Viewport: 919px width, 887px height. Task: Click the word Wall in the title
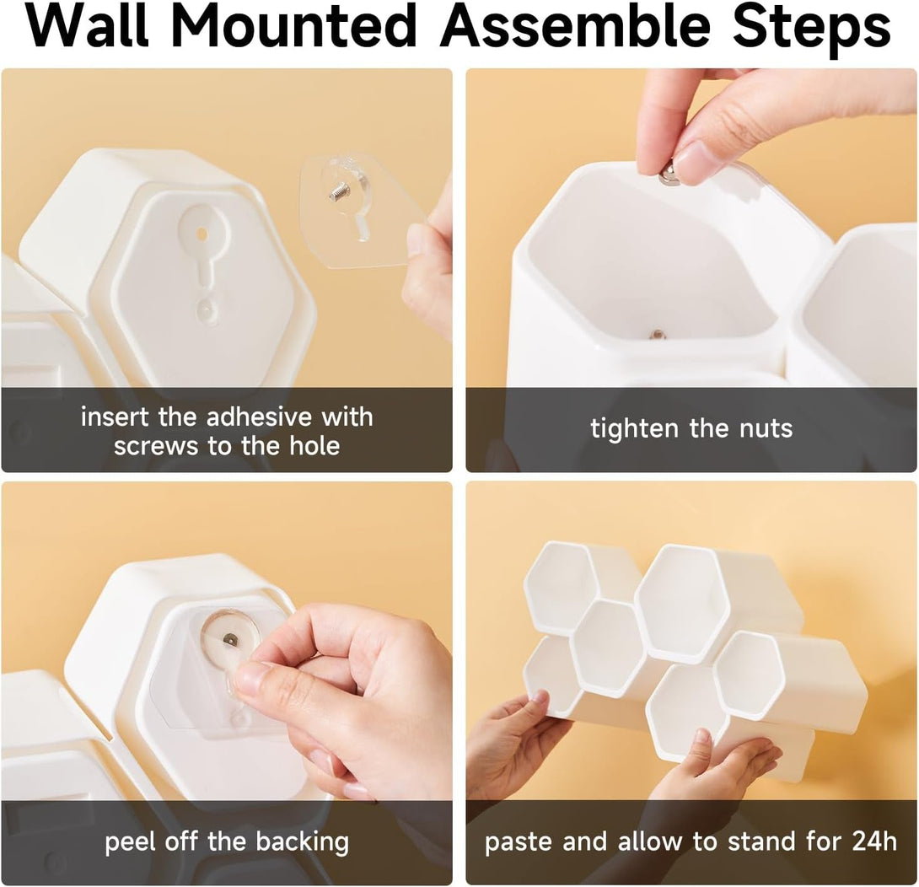(x=88, y=26)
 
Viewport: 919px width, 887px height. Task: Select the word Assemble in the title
(x=575, y=26)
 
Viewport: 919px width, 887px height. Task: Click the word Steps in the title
(x=812, y=30)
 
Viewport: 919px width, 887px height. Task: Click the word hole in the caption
(x=314, y=445)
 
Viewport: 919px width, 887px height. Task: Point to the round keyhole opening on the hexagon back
(x=202, y=234)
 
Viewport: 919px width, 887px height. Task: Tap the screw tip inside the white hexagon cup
(x=658, y=335)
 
